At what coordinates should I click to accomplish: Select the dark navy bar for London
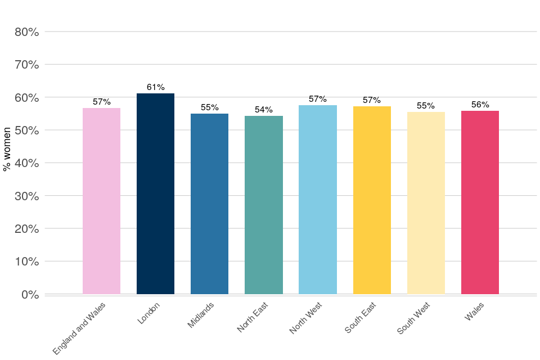click(x=155, y=194)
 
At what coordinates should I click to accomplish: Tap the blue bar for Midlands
click(x=209, y=204)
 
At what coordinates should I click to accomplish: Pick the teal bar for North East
click(x=264, y=205)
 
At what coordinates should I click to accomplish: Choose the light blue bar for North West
click(x=318, y=200)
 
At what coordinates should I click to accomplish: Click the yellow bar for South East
click(x=372, y=200)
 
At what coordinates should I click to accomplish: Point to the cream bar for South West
click(x=426, y=203)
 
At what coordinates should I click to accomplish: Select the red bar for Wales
click(x=480, y=202)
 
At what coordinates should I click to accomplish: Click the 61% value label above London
click(x=156, y=87)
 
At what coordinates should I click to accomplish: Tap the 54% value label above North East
click(x=264, y=110)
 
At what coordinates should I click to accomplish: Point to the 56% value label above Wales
click(x=480, y=105)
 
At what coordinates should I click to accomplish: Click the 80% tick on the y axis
click(x=26, y=32)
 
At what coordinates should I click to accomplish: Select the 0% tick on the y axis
click(x=29, y=295)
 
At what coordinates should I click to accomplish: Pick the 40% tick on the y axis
click(x=26, y=163)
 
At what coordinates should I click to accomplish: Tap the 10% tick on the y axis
click(x=26, y=262)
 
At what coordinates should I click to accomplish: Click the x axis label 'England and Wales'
click(x=79, y=328)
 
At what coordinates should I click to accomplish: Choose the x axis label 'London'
click(x=149, y=313)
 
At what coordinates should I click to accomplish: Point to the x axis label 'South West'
click(x=413, y=318)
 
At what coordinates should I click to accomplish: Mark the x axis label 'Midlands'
click(x=201, y=316)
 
